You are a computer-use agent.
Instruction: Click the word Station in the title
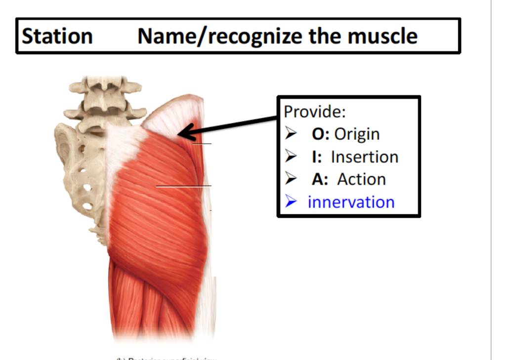click(x=57, y=36)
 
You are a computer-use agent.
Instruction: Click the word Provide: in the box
click(x=314, y=112)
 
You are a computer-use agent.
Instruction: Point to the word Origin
click(x=357, y=134)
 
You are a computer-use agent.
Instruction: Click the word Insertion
click(x=364, y=157)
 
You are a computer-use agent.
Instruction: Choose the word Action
click(x=361, y=179)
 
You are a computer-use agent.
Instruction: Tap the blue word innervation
click(x=351, y=202)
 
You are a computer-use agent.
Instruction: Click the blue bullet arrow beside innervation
click(x=291, y=202)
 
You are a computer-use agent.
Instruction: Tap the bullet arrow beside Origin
click(x=291, y=134)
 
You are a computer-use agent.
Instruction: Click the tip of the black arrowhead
click(x=178, y=134)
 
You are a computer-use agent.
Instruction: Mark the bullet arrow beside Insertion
click(x=291, y=157)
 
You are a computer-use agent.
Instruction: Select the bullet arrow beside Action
click(x=291, y=179)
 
